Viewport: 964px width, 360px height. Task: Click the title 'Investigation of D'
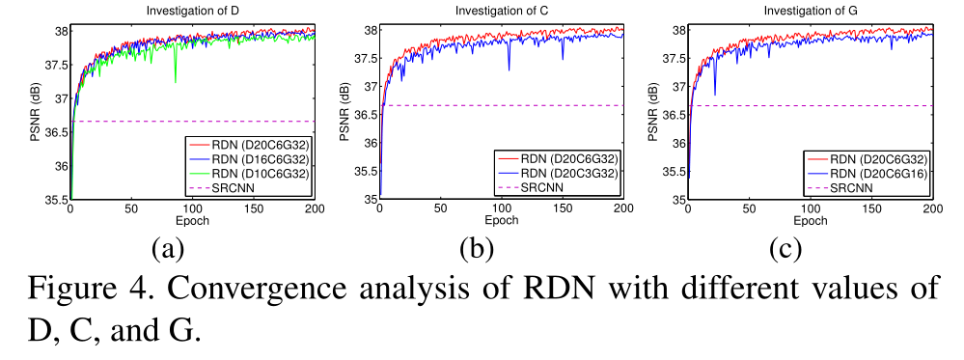pyautogui.click(x=192, y=11)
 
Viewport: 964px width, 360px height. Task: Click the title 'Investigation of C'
pyautogui.click(x=501, y=11)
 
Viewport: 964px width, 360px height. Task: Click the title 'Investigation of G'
pyautogui.click(x=810, y=11)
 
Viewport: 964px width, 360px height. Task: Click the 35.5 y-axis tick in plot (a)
pyautogui.click(x=55, y=200)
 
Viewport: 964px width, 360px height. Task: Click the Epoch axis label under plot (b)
pyautogui.click(x=501, y=221)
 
